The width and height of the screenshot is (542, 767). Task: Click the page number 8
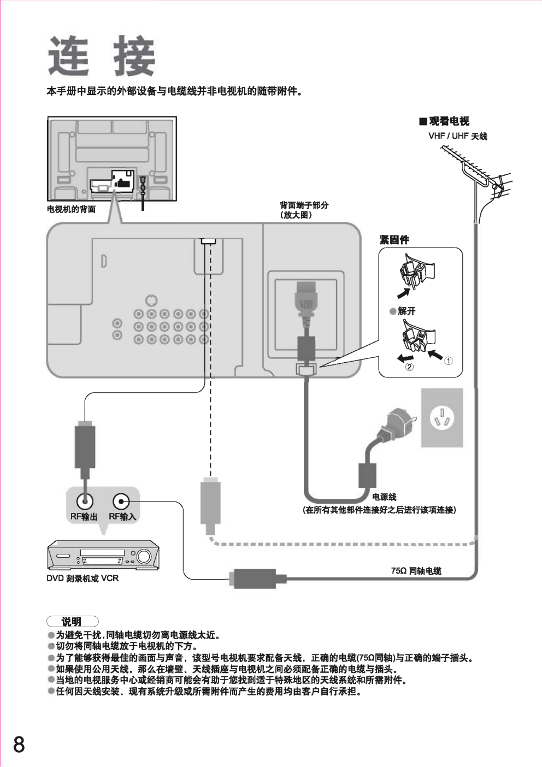tap(19, 745)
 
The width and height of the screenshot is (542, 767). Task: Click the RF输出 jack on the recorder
tap(84, 501)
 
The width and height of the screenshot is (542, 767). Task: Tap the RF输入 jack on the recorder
tap(121, 501)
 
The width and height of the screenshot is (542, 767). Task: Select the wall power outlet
tap(441, 418)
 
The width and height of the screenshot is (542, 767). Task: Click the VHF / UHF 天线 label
tap(457, 136)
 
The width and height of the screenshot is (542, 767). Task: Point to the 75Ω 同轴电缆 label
tap(416, 571)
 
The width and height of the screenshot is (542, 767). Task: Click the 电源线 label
tap(384, 497)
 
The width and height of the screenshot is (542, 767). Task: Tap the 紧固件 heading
tap(394, 240)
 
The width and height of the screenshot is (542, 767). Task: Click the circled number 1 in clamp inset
tap(448, 361)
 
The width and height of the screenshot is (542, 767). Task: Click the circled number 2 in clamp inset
tap(409, 367)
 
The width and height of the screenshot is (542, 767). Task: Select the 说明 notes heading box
tap(72, 621)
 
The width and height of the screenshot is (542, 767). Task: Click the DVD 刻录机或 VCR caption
tap(82, 578)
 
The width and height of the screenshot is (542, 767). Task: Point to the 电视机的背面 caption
tap(71, 209)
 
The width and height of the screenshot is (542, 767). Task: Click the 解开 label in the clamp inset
tap(406, 311)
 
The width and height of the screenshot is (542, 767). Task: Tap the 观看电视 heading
tap(449, 121)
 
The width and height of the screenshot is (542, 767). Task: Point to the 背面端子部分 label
tap(304, 205)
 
